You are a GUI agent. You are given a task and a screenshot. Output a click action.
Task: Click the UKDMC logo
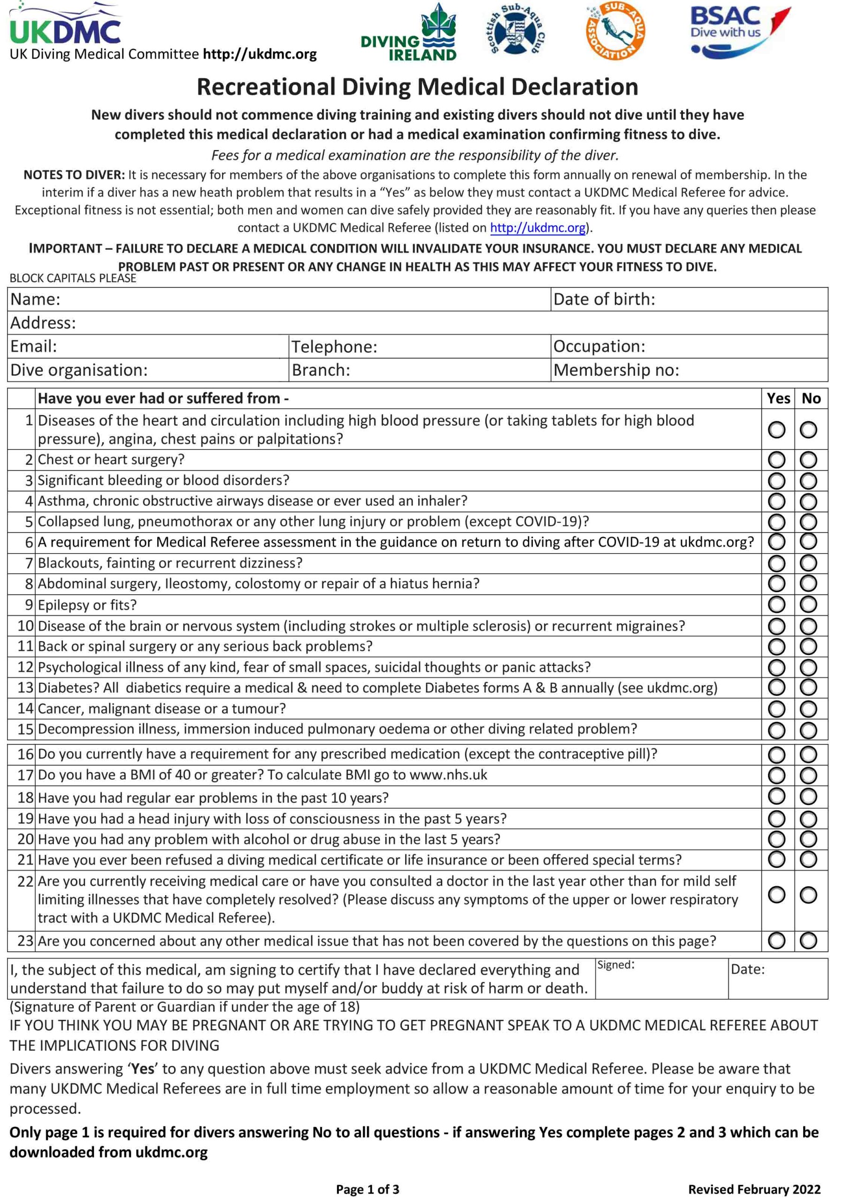point(66,26)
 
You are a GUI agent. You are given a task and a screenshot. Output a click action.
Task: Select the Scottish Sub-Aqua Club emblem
point(516,31)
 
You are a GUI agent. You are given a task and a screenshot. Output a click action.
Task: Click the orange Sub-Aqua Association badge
point(615,31)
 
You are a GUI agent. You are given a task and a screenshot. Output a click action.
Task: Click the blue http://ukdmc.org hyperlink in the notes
point(537,228)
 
